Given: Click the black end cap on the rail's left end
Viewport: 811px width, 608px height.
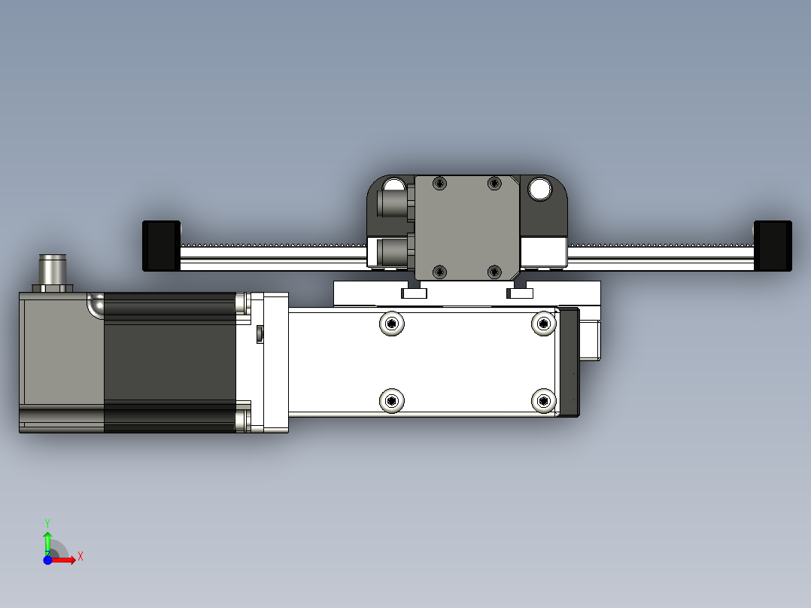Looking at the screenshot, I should tap(161, 245).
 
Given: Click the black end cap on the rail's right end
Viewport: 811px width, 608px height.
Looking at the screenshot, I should tap(773, 245).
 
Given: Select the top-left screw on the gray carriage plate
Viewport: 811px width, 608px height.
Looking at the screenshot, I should tap(440, 183).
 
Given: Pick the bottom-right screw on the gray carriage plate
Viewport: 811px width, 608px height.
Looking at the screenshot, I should tap(494, 271).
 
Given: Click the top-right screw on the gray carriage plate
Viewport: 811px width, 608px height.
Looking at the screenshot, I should tap(494, 183).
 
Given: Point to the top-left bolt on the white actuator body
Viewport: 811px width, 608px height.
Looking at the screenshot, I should tap(391, 324).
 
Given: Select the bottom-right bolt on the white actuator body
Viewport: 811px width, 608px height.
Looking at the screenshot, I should tap(543, 401).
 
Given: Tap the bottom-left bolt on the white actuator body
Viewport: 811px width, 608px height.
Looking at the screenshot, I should tap(391, 401).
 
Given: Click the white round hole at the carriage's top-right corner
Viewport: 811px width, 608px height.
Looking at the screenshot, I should tap(539, 190).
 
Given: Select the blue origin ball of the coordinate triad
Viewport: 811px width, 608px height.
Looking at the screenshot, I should tap(47, 560).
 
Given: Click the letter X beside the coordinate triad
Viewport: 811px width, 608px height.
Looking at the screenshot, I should tap(80, 556).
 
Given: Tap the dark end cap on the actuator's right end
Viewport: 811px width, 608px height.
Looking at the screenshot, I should tap(568, 362).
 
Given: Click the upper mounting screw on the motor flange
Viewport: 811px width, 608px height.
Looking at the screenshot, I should tap(242, 303).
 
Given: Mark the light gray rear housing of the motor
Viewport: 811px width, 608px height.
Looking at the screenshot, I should tap(60, 354).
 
